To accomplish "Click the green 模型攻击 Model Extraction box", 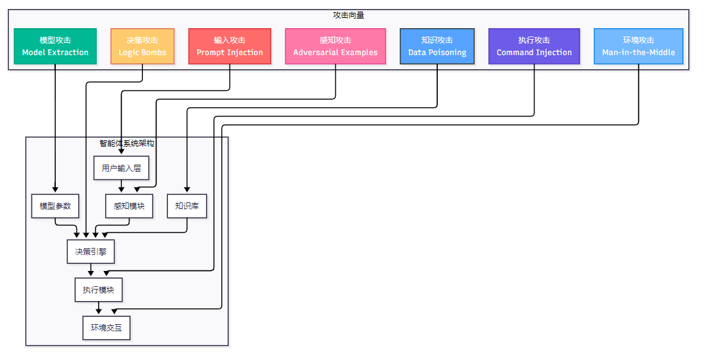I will [55, 46].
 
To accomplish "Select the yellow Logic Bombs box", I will [142, 46].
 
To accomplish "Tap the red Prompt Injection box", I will [229, 46].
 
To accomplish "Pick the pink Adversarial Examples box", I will [335, 46].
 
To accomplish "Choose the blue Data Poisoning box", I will [437, 46].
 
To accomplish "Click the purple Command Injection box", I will [534, 46].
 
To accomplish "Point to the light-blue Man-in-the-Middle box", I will [638, 46].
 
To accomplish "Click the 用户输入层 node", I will [121, 168].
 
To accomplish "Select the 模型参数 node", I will [55, 206].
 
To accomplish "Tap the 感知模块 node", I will [129, 206].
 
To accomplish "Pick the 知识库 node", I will [187, 206].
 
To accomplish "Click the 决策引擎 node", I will [91, 252].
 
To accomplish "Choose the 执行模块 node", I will [98, 290].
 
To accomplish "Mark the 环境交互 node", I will [106, 327].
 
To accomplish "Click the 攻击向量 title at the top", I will [349, 15].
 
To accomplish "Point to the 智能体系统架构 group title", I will [127, 143].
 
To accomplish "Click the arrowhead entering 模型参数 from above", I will [55, 190].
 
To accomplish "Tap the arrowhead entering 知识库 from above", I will [187, 190].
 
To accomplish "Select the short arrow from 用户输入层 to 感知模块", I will [121, 186].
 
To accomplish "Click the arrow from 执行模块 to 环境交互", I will [98, 308].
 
